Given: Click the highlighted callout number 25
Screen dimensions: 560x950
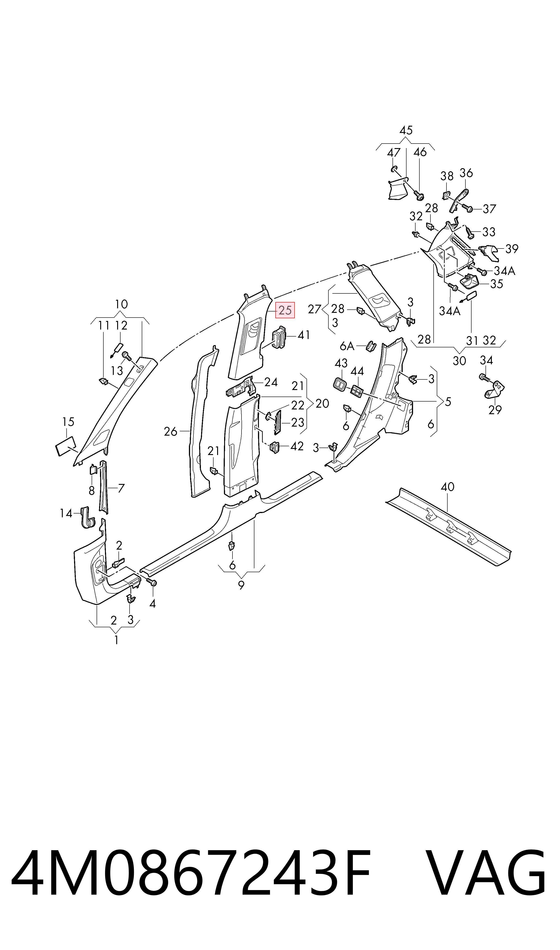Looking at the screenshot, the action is pos(285,310).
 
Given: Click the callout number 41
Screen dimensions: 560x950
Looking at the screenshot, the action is pos(304,335).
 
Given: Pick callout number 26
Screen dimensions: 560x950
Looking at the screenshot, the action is pos(171,431).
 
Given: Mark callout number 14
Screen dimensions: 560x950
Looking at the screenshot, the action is pos(66,513).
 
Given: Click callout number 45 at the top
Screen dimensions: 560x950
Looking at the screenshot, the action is pos(406,130).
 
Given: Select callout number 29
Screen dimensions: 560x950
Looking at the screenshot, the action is pos(495,410).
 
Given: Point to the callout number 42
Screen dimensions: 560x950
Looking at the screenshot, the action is pos(297,446).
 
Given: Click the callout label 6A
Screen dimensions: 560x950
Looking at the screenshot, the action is pos(347,346).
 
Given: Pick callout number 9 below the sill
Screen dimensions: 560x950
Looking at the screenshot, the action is pos(241,585).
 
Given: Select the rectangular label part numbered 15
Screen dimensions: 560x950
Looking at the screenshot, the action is pos(66,446).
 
